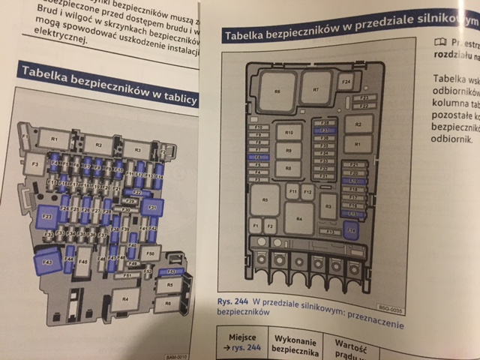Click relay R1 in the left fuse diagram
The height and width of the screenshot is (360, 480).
(53, 139)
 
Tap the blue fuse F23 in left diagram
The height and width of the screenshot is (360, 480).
(46, 217)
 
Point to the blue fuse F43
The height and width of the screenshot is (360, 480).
(46, 262)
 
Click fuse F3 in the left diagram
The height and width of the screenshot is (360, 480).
(32, 164)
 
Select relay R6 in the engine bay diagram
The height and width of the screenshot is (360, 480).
(277, 92)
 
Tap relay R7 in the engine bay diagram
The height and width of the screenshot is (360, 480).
(316, 90)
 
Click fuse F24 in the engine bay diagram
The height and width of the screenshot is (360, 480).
(346, 80)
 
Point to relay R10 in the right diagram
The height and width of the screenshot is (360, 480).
(288, 133)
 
